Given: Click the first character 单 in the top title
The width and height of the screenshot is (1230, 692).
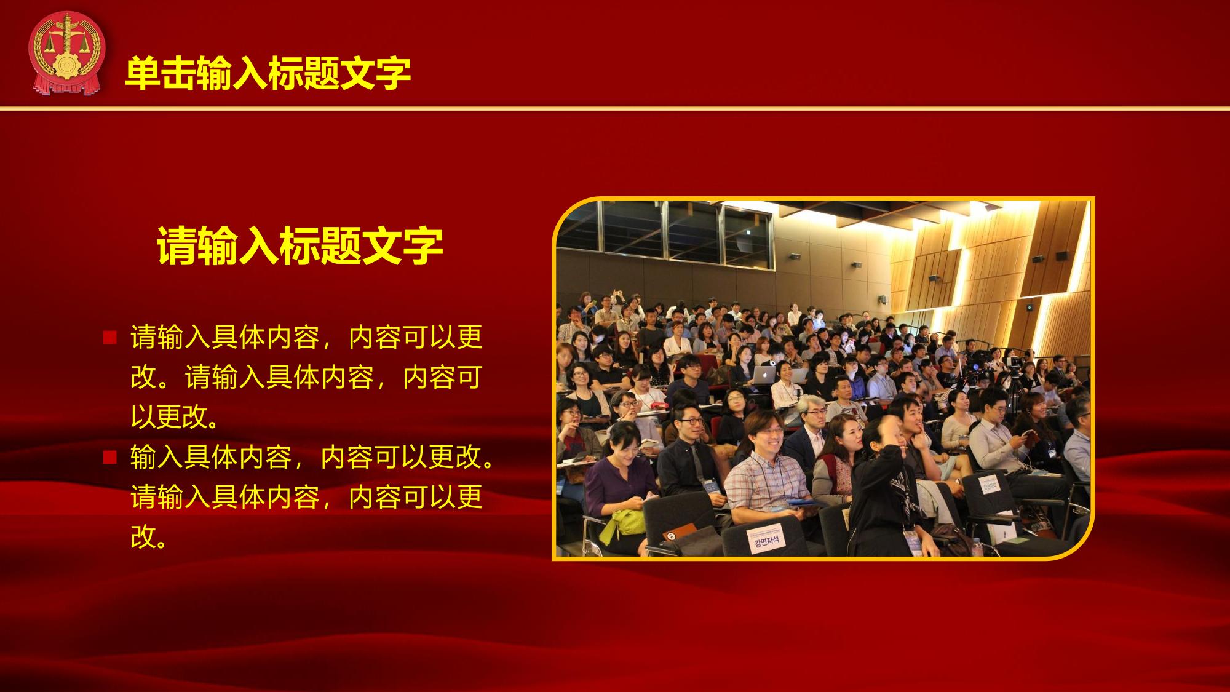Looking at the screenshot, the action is [x=143, y=74].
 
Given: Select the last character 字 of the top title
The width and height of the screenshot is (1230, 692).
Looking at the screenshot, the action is [x=393, y=74].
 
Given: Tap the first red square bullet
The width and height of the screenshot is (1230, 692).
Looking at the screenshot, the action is [x=110, y=337].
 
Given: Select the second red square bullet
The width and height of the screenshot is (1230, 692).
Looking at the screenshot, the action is [x=110, y=457].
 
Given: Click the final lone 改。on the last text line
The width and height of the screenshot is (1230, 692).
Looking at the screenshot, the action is [x=150, y=537].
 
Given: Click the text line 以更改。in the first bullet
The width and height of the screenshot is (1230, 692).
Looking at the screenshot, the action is [x=177, y=417].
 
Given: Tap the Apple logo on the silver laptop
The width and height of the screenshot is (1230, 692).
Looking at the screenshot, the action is [x=764, y=372].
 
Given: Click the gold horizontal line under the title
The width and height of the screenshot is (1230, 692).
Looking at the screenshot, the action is [x=615, y=109].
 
